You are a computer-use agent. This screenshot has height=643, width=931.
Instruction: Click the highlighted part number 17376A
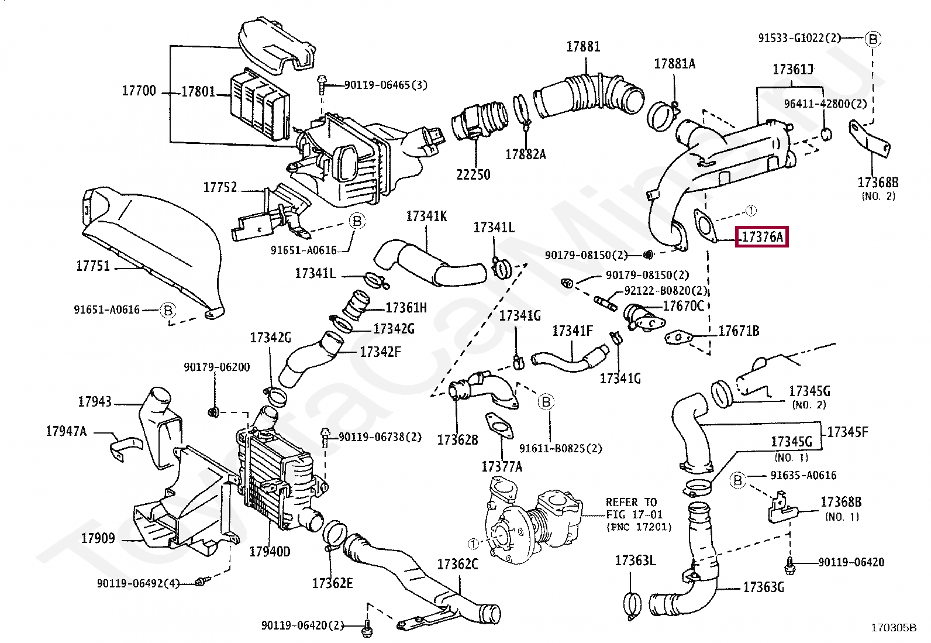pos(761,237)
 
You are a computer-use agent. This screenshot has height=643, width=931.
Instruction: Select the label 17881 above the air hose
pos(583,47)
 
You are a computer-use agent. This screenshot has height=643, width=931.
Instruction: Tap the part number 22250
pos(473,174)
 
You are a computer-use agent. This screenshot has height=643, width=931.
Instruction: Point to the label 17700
pos(139,91)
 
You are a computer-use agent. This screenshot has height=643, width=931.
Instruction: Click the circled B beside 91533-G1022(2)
pos(873,39)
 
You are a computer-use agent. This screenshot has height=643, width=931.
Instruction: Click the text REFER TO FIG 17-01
pos(634,514)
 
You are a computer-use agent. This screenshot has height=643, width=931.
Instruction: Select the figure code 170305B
pos(894,628)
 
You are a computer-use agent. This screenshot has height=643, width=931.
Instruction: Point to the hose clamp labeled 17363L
pos(632,605)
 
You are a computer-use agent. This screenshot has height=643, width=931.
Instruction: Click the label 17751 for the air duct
pos(93,266)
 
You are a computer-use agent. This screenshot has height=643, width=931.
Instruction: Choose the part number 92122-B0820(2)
pos(666,290)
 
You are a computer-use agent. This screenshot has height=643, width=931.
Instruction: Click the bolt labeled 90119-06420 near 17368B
pos(789,565)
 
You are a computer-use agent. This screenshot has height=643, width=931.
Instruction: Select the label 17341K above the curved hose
pos(426,216)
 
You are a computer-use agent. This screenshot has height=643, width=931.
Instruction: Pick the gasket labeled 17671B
pos(678,338)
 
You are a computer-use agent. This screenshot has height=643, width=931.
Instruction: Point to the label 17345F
pos(847,432)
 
